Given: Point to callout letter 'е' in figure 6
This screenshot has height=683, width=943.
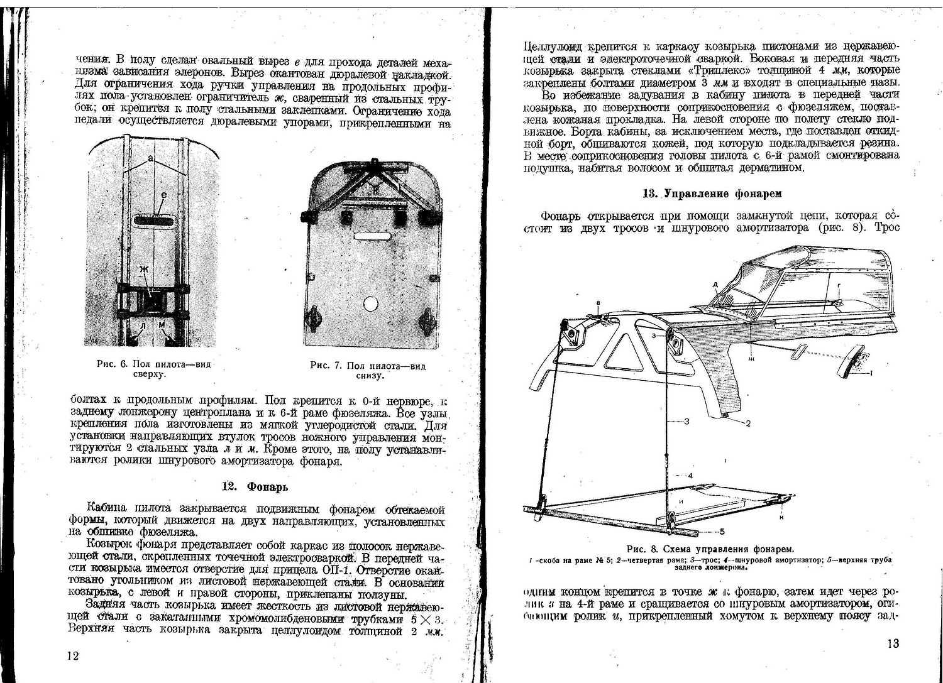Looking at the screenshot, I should pyautogui.click(x=163, y=196).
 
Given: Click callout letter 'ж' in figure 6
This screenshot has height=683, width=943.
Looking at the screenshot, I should pyautogui.click(x=144, y=269).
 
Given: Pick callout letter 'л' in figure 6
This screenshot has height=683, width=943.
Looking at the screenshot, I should pyautogui.click(x=144, y=325).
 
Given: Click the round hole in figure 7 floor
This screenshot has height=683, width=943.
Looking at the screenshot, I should pyautogui.click(x=370, y=304).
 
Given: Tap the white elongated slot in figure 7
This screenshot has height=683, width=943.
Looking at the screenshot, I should pyautogui.click(x=372, y=237).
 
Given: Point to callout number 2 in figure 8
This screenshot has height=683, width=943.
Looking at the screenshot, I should pyautogui.click(x=748, y=423).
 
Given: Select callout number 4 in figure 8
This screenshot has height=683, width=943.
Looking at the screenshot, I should pyautogui.click(x=690, y=476).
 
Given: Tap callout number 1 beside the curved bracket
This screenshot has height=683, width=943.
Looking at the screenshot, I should pyautogui.click(x=871, y=373).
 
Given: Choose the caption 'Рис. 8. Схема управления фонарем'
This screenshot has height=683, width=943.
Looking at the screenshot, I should pyautogui.click(x=710, y=549).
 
